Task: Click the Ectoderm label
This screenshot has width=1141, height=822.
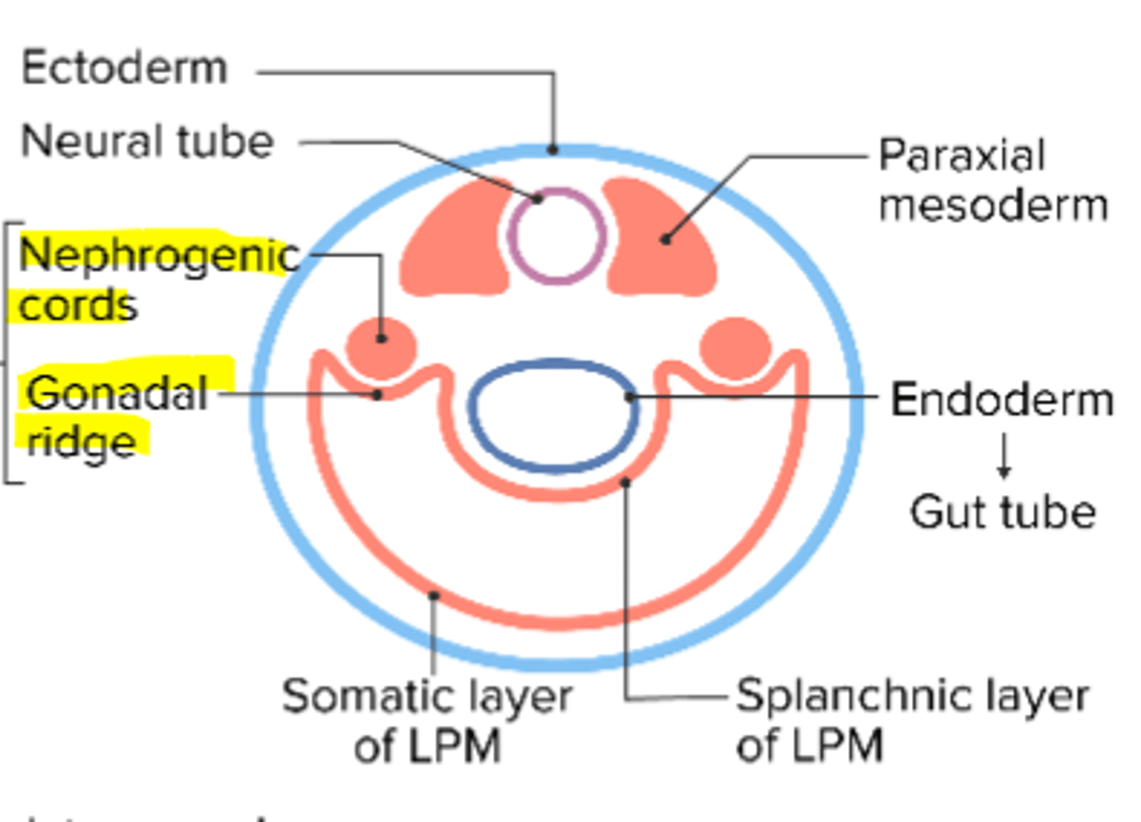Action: click(x=124, y=68)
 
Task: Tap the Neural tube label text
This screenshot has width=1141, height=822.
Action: click(x=147, y=142)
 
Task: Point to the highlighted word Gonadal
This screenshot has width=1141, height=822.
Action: click(x=116, y=393)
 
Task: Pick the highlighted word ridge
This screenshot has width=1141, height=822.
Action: click(x=81, y=441)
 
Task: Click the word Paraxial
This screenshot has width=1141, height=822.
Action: click(x=962, y=155)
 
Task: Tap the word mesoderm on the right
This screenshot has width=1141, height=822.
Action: click(x=993, y=205)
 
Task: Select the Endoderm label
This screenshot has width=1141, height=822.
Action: click(x=1002, y=399)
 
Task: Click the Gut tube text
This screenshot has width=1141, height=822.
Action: click(x=1002, y=512)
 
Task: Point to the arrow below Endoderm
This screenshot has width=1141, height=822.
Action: click(x=1004, y=456)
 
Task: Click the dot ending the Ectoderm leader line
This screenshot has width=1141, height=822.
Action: click(x=553, y=149)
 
